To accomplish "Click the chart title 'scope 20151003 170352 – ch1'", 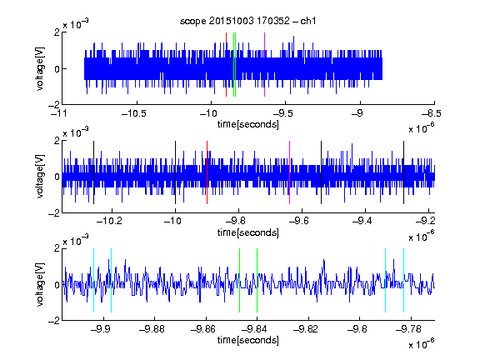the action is coord(247,21).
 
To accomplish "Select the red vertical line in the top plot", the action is coord(226,65).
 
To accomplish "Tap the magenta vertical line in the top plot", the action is coord(264,65).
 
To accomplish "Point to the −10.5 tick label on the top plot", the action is coord(134,113).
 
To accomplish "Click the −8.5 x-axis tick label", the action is coord(432,113).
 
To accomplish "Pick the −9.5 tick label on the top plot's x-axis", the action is coord(282,113).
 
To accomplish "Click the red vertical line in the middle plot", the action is coord(207,172).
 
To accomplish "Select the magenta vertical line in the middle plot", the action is coord(290,172).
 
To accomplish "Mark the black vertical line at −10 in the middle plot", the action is coord(175,172).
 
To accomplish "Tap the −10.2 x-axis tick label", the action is coord(109,220).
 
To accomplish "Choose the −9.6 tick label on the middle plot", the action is coord(299,220).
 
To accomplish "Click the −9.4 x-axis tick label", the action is coord(362,220).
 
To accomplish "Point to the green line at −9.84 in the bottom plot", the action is coord(257,280).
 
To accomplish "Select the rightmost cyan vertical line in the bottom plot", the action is coord(404,280).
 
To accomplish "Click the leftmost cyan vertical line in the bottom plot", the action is coord(93,280).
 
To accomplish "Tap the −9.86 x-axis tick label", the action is coord(203,329).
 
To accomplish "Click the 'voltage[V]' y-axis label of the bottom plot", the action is coord(40,284).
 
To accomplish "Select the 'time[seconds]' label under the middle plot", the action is coord(248,232).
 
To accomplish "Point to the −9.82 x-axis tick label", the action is coord(306,329).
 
